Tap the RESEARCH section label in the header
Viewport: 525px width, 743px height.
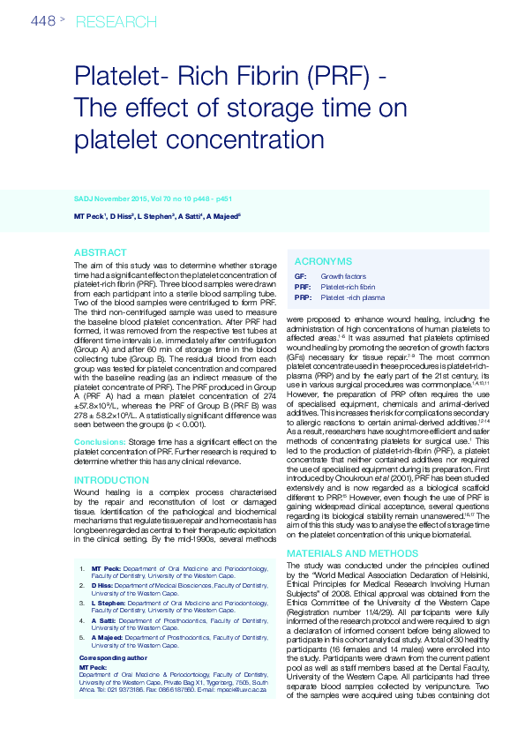(x=110, y=20)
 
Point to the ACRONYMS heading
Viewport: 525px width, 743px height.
(x=323, y=262)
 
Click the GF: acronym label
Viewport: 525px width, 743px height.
(x=300, y=276)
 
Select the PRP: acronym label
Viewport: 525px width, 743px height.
(x=302, y=297)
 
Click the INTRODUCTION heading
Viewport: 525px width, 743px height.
(x=111, y=480)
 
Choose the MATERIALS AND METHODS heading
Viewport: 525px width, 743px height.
(x=351, y=553)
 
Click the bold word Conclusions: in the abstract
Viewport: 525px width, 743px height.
(x=100, y=440)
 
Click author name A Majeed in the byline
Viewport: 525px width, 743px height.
(x=221, y=216)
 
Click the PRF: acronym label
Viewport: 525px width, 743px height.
(x=302, y=287)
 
